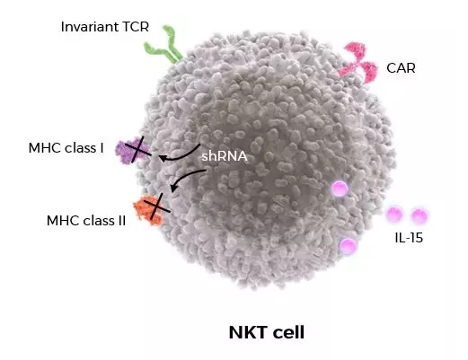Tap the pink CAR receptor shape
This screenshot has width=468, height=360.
[x=358, y=63]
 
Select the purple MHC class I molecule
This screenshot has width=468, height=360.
[x=132, y=151]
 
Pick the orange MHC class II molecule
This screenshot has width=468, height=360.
[x=149, y=210]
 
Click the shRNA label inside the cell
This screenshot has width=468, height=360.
[x=225, y=156]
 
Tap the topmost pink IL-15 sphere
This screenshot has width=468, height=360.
[x=340, y=189]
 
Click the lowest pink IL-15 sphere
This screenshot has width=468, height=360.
[x=348, y=246]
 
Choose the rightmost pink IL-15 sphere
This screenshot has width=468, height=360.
[x=419, y=216]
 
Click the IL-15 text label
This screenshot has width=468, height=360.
[x=409, y=238]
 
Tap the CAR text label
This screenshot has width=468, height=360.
[x=401, y=68]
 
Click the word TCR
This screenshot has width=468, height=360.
[x=136, y=27]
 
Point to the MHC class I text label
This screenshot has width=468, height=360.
[x=66, y=148]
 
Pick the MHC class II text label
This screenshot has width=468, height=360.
[x=86, y=221]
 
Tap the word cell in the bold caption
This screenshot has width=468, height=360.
[x=288, y=332]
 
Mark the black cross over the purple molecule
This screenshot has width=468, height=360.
[x=138, y=150]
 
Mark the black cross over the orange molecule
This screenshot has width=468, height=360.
[x=157, y=206]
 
